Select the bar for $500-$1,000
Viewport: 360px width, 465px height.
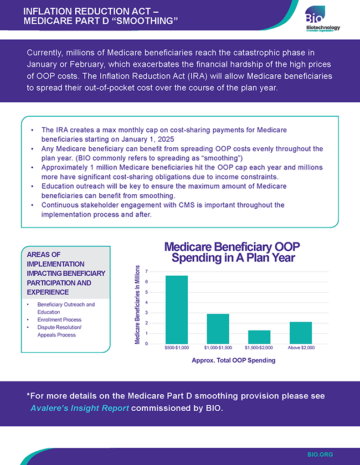tap(177, 309)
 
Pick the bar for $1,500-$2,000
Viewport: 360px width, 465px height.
tap(259, 337)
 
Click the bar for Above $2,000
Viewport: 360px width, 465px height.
tap(301, 333)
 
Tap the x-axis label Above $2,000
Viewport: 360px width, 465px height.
tap(301, 348)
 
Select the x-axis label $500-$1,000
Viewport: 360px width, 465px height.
tap(177, 348)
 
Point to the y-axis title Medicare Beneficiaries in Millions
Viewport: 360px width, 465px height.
tap(138, 304)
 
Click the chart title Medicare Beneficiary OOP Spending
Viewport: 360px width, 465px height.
tap(233, 252)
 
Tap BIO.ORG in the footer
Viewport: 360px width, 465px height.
tap(320, 454)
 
